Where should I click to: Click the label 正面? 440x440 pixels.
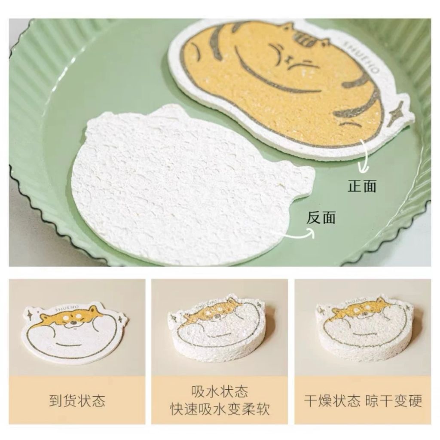click(x=362, y=186)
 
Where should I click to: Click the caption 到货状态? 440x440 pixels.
click(x=77, y=401)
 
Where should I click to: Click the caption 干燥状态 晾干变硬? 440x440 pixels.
click(x=363, y=401)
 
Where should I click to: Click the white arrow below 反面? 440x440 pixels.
click(x=297, y=234)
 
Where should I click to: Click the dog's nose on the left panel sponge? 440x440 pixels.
click(x=74, y=323)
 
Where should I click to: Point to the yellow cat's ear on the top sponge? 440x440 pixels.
click(x=287, y=27)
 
